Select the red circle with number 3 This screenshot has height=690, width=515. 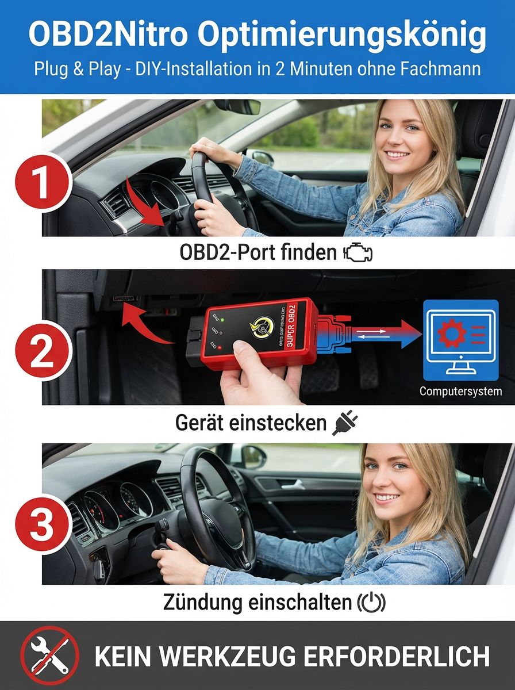(41, 524)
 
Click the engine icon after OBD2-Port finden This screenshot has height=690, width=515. (358, 253)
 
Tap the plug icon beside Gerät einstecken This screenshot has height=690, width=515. (345, 424)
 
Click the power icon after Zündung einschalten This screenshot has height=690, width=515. (372, 602)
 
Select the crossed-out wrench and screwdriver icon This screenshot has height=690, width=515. (49, 656)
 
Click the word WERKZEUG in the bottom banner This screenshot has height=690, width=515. (240, 656)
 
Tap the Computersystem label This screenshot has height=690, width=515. (460, 392)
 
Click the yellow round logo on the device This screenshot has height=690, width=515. (260, 327)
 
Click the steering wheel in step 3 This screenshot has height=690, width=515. (213, 506)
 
